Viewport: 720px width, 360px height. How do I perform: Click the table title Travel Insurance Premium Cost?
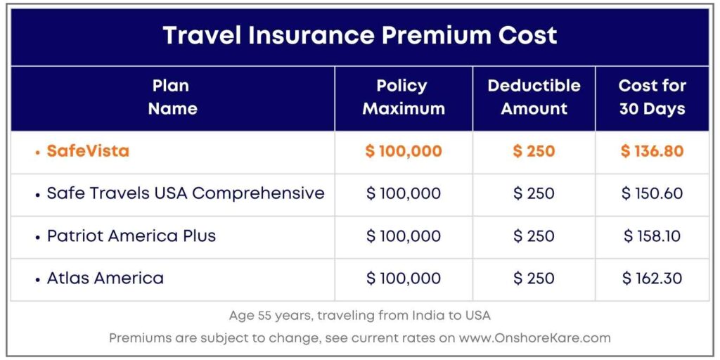(359, 36)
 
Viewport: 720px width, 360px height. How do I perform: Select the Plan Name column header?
(172, 97)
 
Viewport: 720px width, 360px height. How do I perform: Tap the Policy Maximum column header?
(403, 97)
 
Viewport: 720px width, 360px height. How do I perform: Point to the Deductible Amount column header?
(534, 97)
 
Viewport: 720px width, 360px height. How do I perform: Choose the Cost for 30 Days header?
(652, 97)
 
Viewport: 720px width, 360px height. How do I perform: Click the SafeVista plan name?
(88, 151)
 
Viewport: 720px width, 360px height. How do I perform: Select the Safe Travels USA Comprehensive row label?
(185, 193)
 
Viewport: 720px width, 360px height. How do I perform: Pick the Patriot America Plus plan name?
(131, 236)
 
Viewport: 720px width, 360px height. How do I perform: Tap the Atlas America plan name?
(105, 278)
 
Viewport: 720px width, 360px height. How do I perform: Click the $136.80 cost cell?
(652, 151)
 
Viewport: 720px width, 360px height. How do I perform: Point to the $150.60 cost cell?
(652, 193)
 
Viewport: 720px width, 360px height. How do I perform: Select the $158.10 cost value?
(652, 236)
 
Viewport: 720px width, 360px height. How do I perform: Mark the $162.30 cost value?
(652, 278)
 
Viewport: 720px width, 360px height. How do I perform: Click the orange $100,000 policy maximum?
(403, 151)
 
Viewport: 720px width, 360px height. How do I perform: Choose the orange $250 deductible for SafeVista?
(534, 151)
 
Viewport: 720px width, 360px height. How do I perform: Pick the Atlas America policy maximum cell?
(403, 278)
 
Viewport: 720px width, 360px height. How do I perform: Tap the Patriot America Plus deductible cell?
(534, 236)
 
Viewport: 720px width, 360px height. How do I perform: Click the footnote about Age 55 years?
(359, 316)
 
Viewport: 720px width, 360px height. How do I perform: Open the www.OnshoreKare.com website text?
(534, 338)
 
